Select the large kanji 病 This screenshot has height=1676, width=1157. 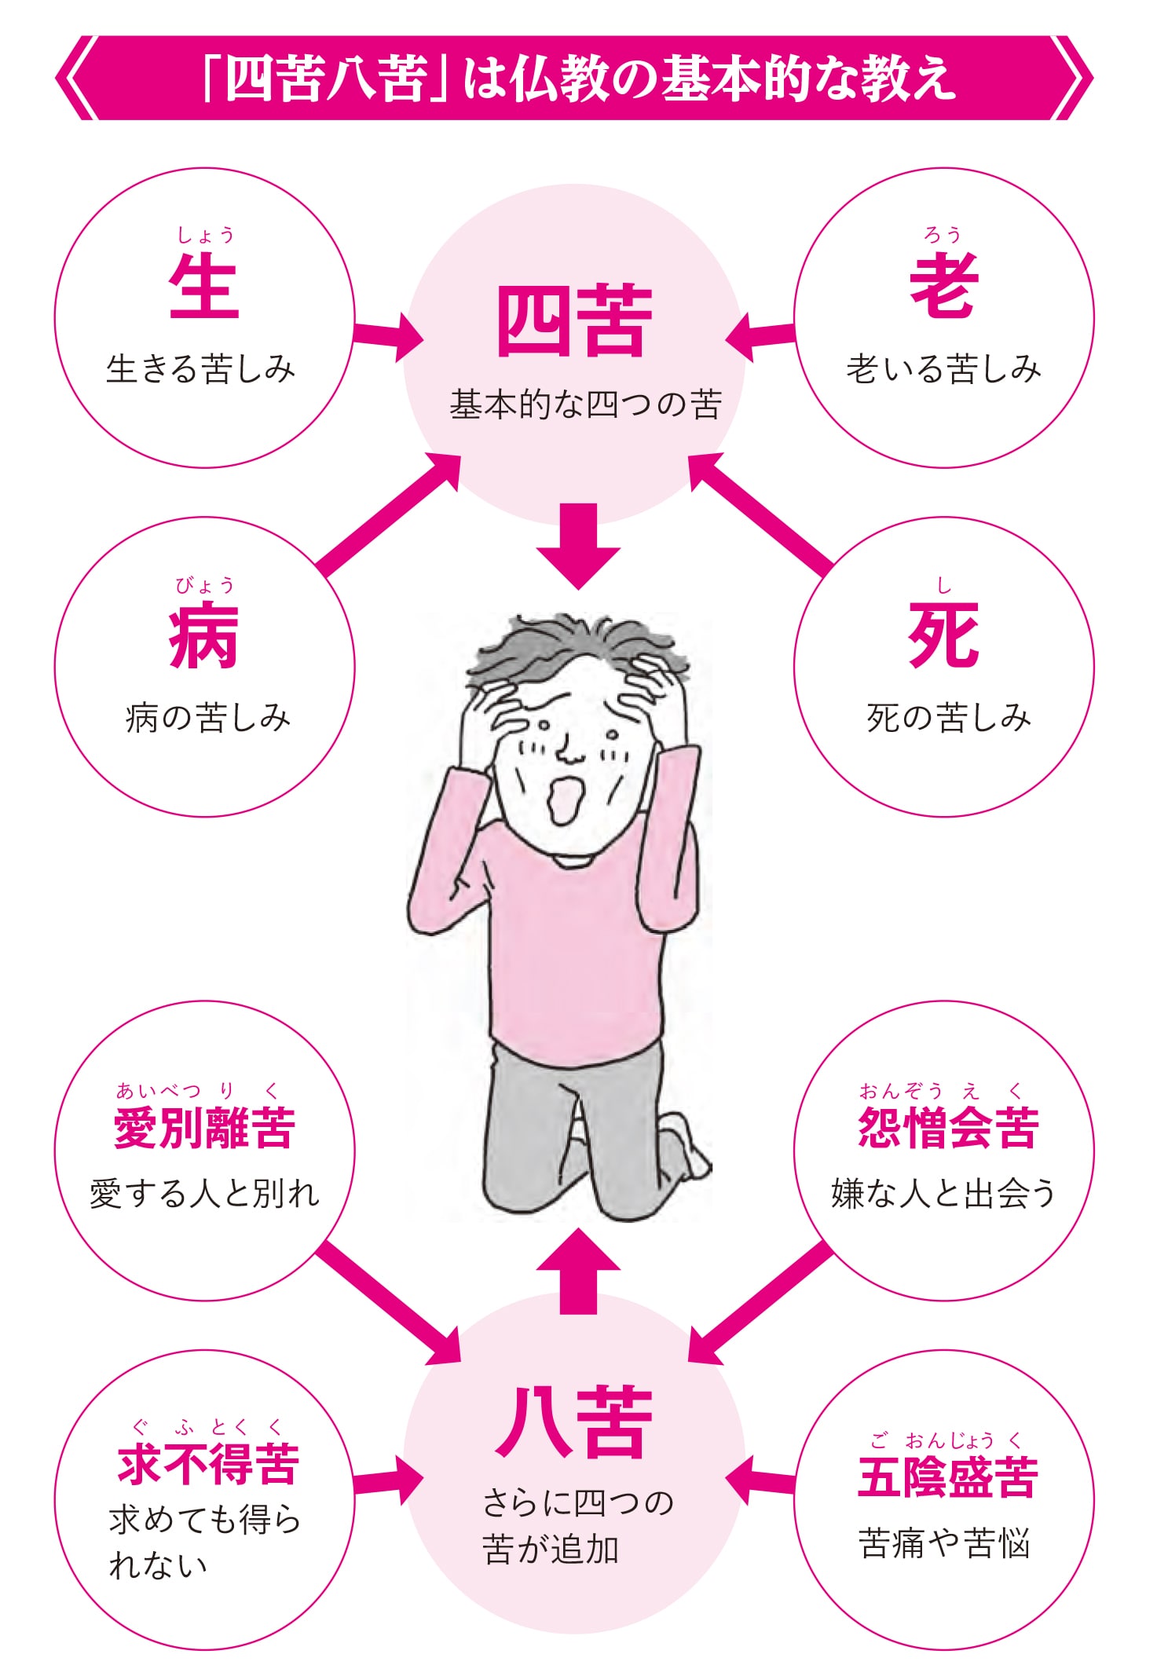click(x=204, y=635)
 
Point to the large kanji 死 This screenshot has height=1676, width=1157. click(x=944, y=635)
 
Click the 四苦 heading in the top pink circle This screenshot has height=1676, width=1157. click(x=575, y=321)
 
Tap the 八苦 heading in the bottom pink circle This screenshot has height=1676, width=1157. click(x=575, y=1422)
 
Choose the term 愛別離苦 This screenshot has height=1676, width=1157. click(x=204, y=1129)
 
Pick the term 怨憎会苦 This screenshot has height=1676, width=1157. click(x=948, y=1129)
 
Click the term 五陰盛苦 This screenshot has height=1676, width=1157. click(x=948, y=1477)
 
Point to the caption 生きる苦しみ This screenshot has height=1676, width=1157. click(x=201, y=369)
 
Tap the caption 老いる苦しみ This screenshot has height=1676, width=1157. click(x=943, y=369)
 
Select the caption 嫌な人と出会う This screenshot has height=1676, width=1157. click(x=943, y=1194)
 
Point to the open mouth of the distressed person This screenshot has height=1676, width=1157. click(x=562, y=800)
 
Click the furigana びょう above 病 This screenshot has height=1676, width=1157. click(x=204, y=585)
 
